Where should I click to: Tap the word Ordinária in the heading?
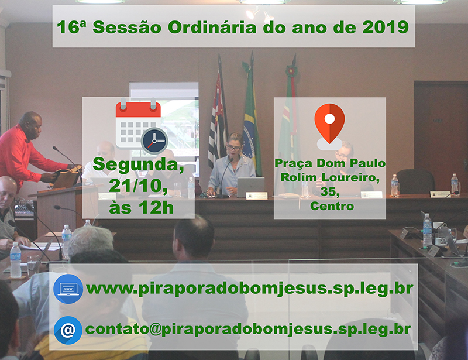click(212, 27)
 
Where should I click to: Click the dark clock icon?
click(154, 141)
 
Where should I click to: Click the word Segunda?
click(138, 165)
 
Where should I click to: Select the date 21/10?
click(138, 186)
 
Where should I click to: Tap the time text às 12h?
click(141, 207)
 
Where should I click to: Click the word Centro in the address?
click(332, 206)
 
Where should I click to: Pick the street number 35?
click(329, 192)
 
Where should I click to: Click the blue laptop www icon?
click(68, 289)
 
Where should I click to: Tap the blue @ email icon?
click(68, 330)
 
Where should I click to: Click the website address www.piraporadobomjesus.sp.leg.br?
click(250, 289)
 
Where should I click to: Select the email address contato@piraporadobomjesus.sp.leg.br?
click(248, 329)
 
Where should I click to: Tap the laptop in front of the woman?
click(251, 187)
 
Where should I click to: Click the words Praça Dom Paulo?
click(330, 163)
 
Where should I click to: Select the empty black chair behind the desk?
click(415, 181)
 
